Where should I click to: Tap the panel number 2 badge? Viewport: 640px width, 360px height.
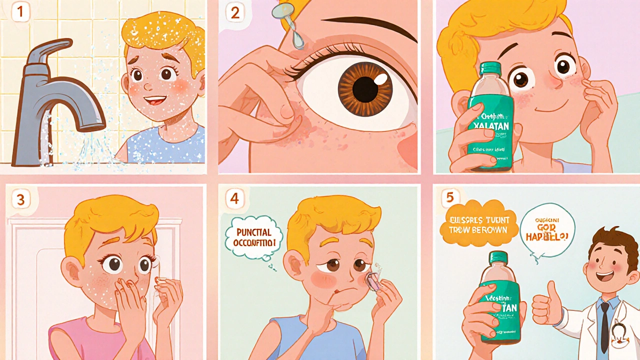[235, 13]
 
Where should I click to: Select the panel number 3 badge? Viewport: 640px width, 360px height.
[20, 199]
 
